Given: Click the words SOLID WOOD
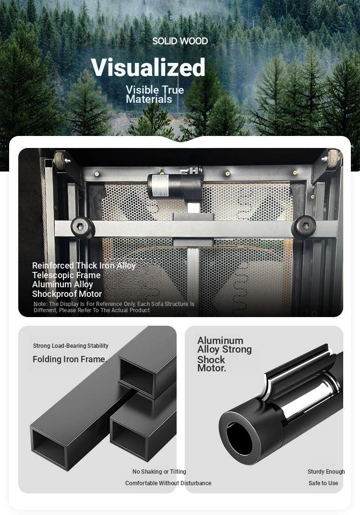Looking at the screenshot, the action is [x=180, y=41].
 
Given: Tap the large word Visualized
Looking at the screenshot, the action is [x=148, y=67].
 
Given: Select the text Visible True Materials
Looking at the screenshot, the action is [x=155, y=94].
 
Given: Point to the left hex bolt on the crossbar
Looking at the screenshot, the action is [x=82, y=227].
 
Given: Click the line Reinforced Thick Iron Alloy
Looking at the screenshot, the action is [x=84, y=265].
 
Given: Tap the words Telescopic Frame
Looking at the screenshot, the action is [x=66, y=275].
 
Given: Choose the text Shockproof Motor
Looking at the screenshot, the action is [x=67, y=294].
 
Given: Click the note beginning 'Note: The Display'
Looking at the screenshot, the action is [x=114, y=307].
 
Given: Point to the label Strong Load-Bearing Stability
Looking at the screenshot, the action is [x=71, y=345].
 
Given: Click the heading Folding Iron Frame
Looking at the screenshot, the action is [x=70, y=359].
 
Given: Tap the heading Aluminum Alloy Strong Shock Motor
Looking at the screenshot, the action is [x=225, y=354].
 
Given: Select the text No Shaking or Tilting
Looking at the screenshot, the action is [x=159, y=472].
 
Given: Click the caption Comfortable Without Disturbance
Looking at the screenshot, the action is [x=168, y=483].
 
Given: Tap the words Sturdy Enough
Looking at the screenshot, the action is [x=326, y=472].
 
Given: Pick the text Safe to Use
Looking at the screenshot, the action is [x=323, y=483].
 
